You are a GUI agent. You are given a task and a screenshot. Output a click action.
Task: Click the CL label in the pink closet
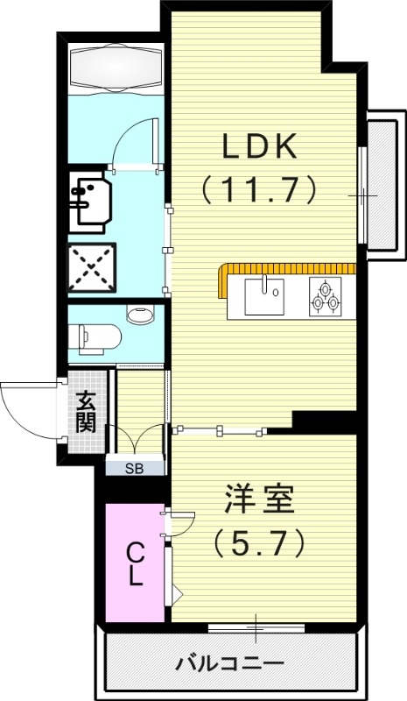pyautogui.click(x=135, y=563)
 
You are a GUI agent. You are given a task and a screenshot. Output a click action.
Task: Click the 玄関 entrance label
pyautogui.click(x=85, y=412)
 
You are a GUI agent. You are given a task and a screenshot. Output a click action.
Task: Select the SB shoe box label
pyautogui.click(x=134, y=467)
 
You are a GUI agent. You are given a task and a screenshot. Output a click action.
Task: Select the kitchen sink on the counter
pyautogui.click(x=262, y=295)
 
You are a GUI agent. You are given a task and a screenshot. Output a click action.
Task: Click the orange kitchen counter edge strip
pyautogui.click(x=289, y=268)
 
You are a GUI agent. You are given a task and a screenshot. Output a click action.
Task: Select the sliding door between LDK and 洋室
pyautogui.click(x=219, y=429)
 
